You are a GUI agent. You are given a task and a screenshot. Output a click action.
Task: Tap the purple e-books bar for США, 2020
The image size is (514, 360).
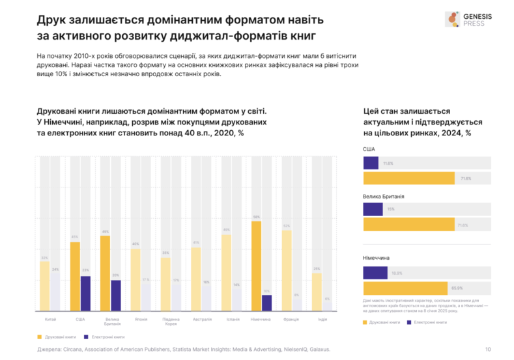pos(85,293)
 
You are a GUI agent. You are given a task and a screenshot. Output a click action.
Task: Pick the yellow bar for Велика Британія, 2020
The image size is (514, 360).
pos(106,273)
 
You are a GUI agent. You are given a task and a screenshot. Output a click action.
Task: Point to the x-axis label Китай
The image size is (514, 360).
pos(50,319)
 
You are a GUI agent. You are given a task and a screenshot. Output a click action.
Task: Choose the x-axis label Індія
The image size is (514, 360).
pos(322,319)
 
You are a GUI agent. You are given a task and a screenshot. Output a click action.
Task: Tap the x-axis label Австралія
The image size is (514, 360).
pos(201,319)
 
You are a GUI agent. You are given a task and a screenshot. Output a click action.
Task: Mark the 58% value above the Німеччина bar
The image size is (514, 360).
pos(257,217)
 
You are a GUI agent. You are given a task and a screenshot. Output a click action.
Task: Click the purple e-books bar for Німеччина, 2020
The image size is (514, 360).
pos(266,303)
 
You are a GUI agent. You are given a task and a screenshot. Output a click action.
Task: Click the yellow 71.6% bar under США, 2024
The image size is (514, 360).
pos(408,178)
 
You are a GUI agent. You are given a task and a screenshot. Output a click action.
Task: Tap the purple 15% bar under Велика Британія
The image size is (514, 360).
pos(373,209)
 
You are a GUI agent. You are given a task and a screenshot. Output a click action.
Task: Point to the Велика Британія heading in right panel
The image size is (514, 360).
pos(384,196)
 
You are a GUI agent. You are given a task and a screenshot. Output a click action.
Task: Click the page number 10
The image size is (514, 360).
pos(489,350)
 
